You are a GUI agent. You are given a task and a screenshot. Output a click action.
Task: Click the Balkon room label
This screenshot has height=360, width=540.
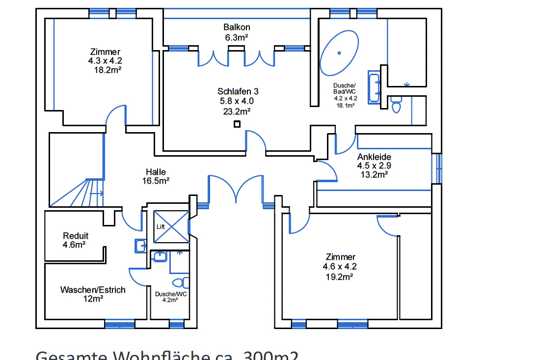pyautogui.click(x=237, y=28)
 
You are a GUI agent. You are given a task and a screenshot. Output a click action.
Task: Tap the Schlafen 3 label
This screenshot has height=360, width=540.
pyautogui.click(x=238, y=91)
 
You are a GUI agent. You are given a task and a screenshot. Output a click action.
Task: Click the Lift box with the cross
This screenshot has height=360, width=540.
pyautogui.click(x=171, y=227)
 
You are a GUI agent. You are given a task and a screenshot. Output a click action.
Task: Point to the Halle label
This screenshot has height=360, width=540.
pyautogui.click(x=156, y=172)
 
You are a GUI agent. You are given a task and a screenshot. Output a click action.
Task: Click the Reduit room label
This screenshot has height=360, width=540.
pyautogui.click(x=76, y=236)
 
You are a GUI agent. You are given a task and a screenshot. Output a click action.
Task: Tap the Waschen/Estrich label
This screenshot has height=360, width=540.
pyautogui.click(x=93, y=290)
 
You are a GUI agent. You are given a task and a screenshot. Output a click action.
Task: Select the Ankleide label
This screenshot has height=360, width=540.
pyautogui.click(x=374, y=157)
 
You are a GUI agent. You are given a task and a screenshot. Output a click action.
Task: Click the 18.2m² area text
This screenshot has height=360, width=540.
pyautogui.click(x=108, y=70)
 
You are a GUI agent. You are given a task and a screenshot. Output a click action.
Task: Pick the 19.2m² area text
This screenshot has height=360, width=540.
pyautogui.click(x=340, y=277)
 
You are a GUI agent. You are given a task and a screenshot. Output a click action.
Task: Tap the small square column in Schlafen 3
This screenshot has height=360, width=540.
pyautogui.click(x=237, y=124)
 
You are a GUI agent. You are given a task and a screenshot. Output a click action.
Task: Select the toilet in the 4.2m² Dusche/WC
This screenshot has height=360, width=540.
pyautogui.click(x=182, y=282)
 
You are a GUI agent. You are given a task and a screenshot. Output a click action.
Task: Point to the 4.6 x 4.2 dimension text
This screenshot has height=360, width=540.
pyautogui.click(x=340, y=267)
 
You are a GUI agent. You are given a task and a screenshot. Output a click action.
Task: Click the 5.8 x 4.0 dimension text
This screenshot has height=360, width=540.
pyautogui.click(x=237, y=101)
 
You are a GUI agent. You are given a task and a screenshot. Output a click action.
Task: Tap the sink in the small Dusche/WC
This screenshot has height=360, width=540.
pyautogui.click(x=160, y=256)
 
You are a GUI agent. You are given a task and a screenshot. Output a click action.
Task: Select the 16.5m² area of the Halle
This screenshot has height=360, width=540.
pyautogui.click(x=156, y=181)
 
